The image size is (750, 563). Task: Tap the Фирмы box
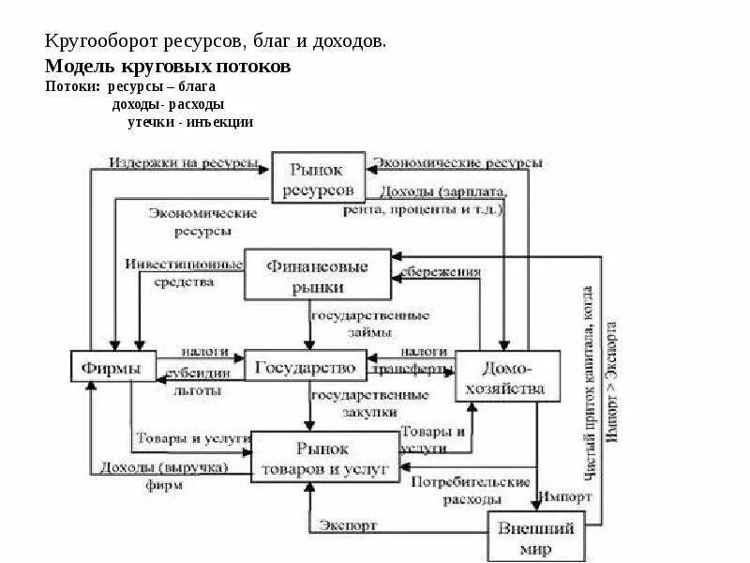112,366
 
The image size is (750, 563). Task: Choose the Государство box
305,365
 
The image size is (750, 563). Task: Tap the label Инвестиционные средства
182,273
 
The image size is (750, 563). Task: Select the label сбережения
441,272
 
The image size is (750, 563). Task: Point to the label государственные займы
370,323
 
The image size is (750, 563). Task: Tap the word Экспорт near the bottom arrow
348,525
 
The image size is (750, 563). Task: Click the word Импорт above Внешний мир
563,496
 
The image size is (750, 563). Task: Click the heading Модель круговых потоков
168,68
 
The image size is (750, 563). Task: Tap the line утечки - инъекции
190,122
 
